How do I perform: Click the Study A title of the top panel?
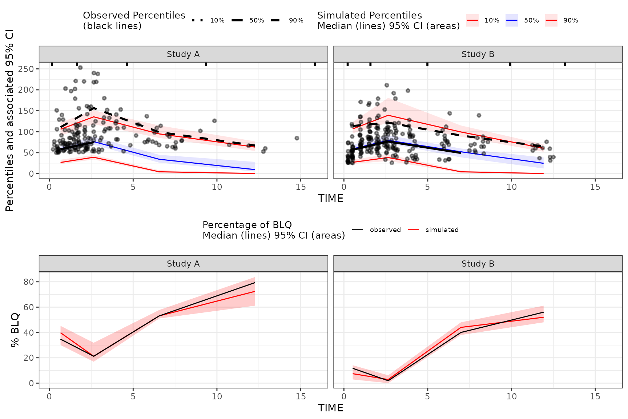click(183, 54)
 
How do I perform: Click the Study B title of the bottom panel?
click(478, 264)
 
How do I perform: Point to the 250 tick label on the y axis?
click(26, 69)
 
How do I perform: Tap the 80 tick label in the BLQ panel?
click(29, 282)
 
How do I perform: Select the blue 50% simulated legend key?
click(512, 20)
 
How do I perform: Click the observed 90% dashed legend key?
click(275, 20)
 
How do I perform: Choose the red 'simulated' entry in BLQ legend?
click(442, 230)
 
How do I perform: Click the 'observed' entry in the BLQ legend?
click(385, 230)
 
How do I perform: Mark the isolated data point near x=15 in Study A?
click(297, 138)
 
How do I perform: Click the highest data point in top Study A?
click(80, 68)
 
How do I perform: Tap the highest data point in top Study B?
click(387, 85)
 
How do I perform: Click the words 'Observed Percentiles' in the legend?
click(134, 15)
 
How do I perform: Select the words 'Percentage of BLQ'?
click(247, 225)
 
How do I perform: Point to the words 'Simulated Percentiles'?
click(369, 15)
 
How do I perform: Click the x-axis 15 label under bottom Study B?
click(595, 396)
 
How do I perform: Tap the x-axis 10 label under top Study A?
click(217, 187)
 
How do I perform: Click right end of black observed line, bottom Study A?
click(254, 283)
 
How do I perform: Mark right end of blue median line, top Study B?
click(543, 163)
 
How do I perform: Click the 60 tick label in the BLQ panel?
click(29, 307)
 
